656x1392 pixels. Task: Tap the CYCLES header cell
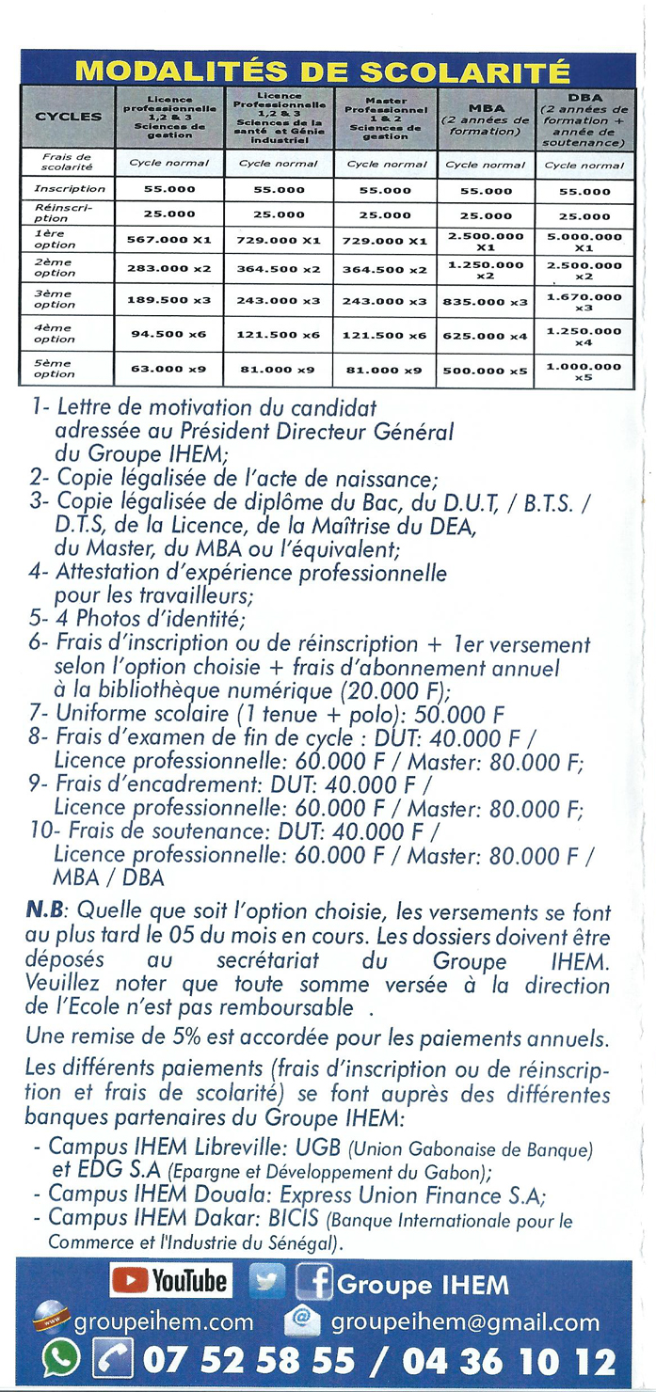68,116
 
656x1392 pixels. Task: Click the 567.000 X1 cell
169,240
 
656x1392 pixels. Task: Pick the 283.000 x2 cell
169,268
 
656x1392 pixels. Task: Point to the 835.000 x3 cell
486,301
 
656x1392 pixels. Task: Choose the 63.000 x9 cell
169,369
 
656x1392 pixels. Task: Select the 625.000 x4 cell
486,335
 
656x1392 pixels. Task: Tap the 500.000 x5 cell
486,370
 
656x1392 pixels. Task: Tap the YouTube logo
170,1281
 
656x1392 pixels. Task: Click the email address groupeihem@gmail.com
465,1322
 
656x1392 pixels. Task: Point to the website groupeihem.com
164,1322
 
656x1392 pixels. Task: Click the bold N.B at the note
46,910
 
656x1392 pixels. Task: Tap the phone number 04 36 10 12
509,1360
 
